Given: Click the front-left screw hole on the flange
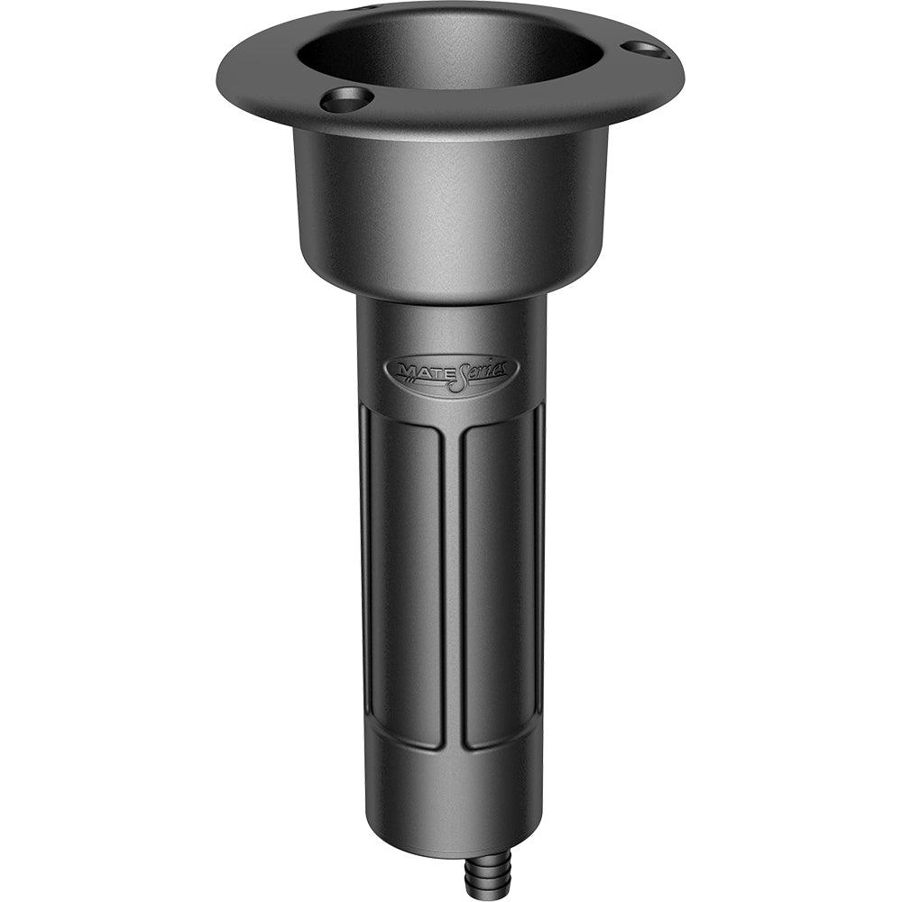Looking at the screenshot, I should (x=347, y=99).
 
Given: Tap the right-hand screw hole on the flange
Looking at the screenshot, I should (x=646, y=49).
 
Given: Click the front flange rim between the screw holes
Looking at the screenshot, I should (x=478, y=115).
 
